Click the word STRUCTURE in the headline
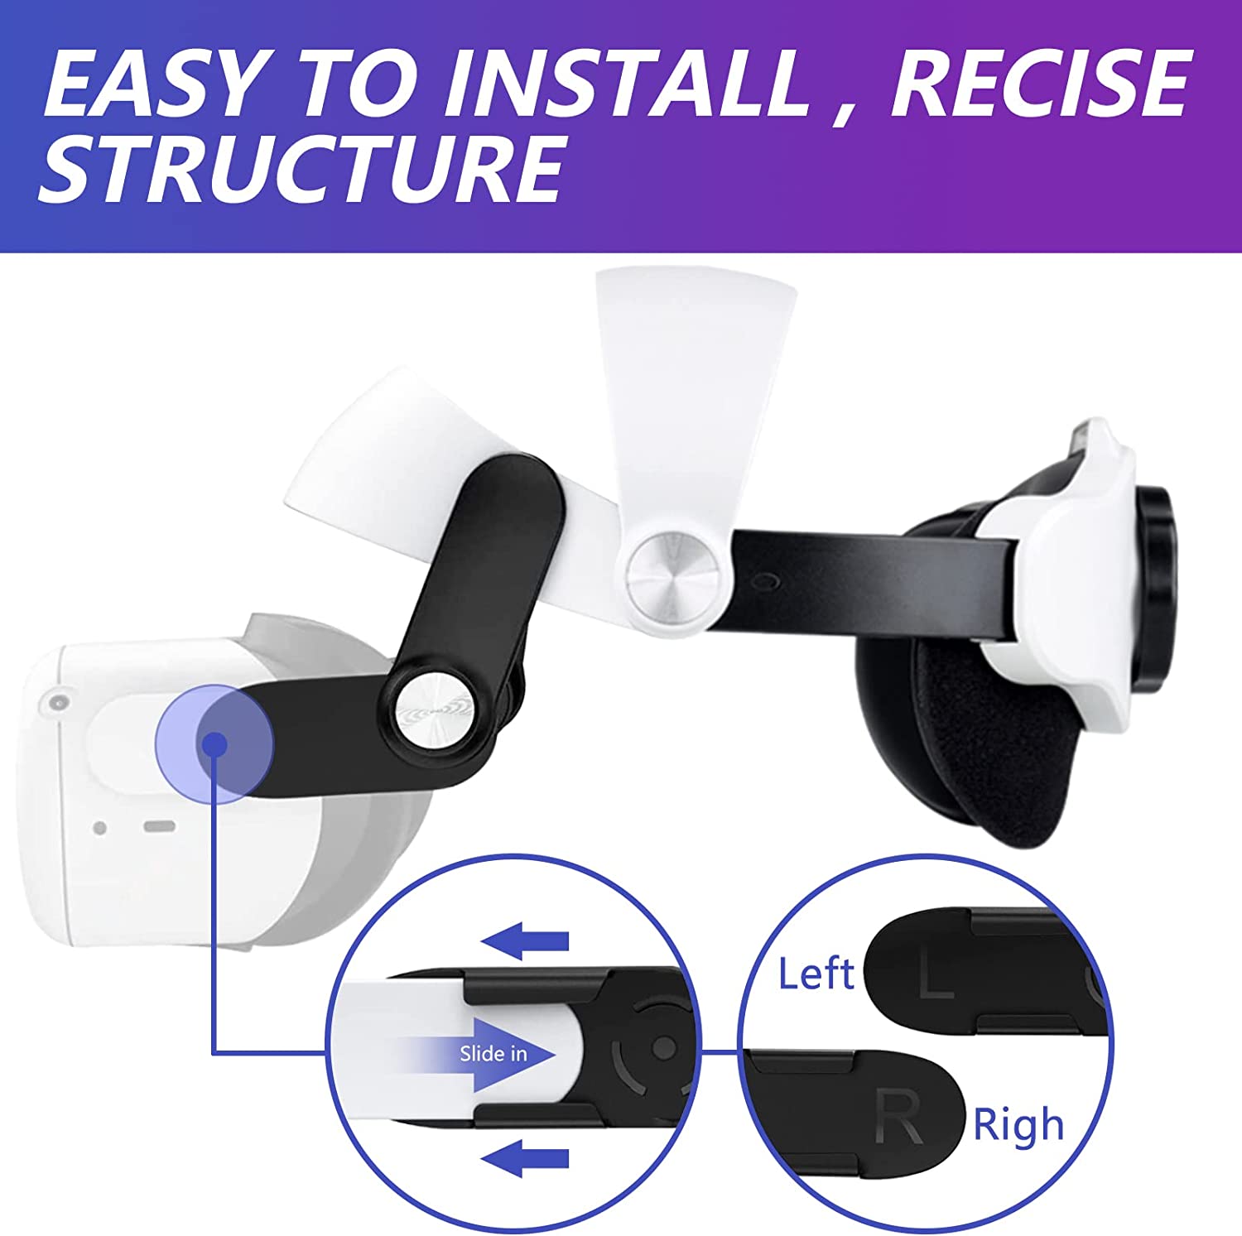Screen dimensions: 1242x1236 pos(303,169)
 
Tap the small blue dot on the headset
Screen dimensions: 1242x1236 pos(215,743)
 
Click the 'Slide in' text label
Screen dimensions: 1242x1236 pos(493,1053)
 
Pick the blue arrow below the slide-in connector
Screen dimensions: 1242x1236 pos(525,1157)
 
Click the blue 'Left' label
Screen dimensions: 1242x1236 pos(816,974)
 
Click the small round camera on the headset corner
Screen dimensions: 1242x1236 pos(57,702)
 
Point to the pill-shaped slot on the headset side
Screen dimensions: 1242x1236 pos(160,826)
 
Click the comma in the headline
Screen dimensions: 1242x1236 pos(842,112)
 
